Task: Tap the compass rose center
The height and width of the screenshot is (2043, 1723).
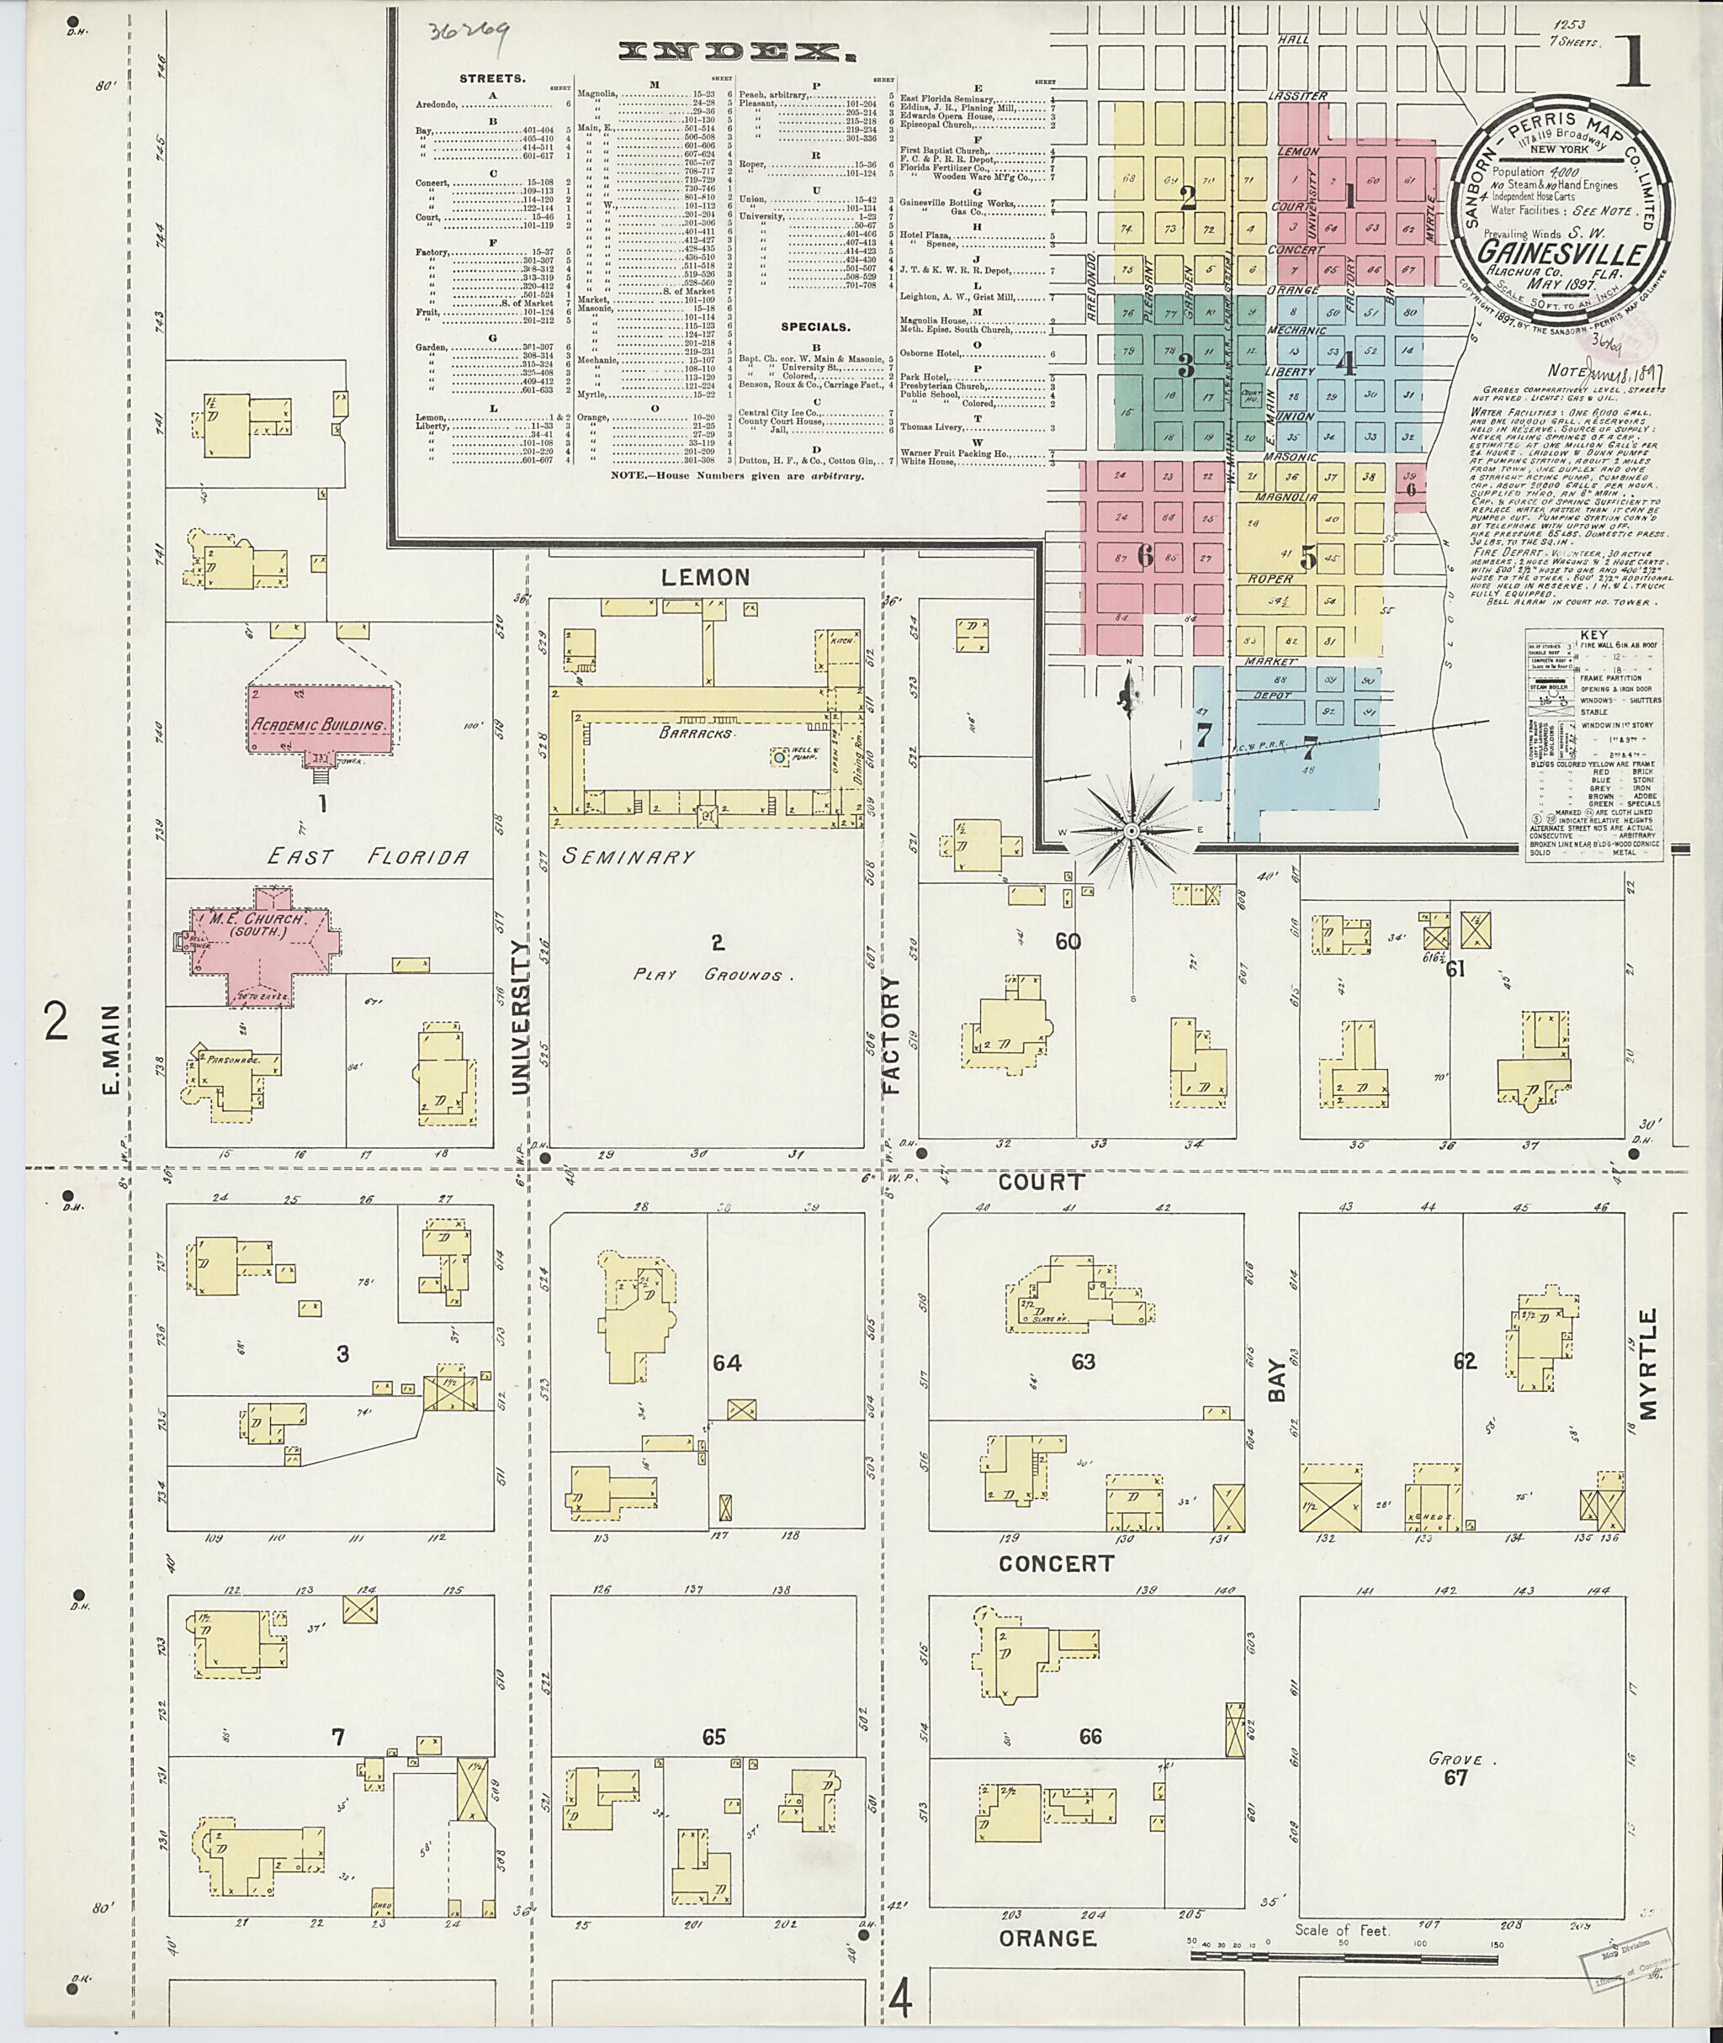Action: (x=1130, y=831)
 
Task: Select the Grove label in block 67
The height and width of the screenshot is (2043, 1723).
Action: (x=1455, y=1759)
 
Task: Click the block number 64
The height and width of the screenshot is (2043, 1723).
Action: (x=727, y=1363)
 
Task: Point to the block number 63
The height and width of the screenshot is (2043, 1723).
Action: (x=1084, y=1362)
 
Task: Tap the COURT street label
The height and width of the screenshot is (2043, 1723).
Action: (x=1042, y=1182)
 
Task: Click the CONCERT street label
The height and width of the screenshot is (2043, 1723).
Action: (x=1055, y=1564)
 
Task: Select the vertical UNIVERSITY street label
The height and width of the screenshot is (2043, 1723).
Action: (x=520, y=1016)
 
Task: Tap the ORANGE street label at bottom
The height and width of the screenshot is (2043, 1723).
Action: (x=1047, y=1938)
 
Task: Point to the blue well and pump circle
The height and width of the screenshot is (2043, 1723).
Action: (x=778, y=756)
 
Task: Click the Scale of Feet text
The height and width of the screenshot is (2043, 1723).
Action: (x=1342, y=1929)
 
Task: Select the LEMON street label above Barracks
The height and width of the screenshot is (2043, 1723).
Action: (x=706, y=577)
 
